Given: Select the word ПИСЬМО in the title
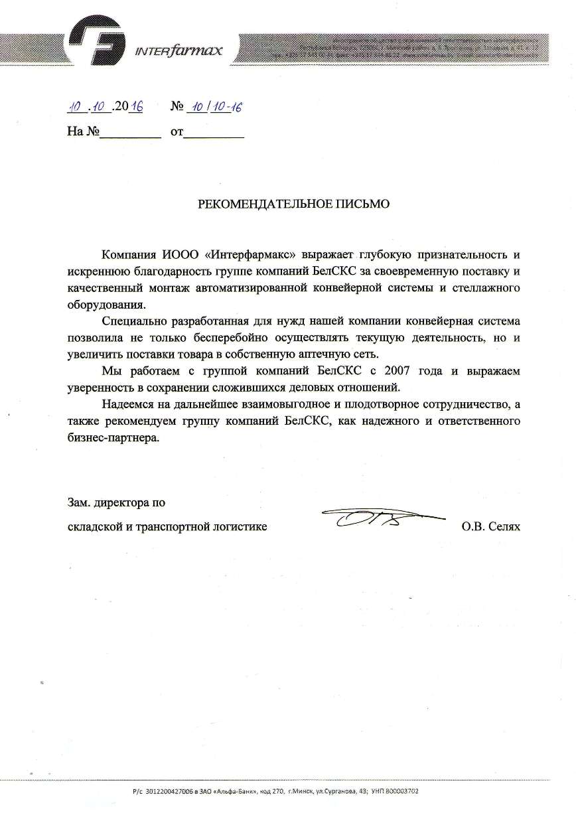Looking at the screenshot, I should coord(366,204).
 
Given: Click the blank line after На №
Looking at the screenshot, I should coord(130,133).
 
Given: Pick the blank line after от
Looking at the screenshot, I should coord(213,133).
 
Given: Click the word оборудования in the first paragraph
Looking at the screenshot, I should coord(106,304).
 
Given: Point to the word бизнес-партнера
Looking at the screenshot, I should coord(114,438).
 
